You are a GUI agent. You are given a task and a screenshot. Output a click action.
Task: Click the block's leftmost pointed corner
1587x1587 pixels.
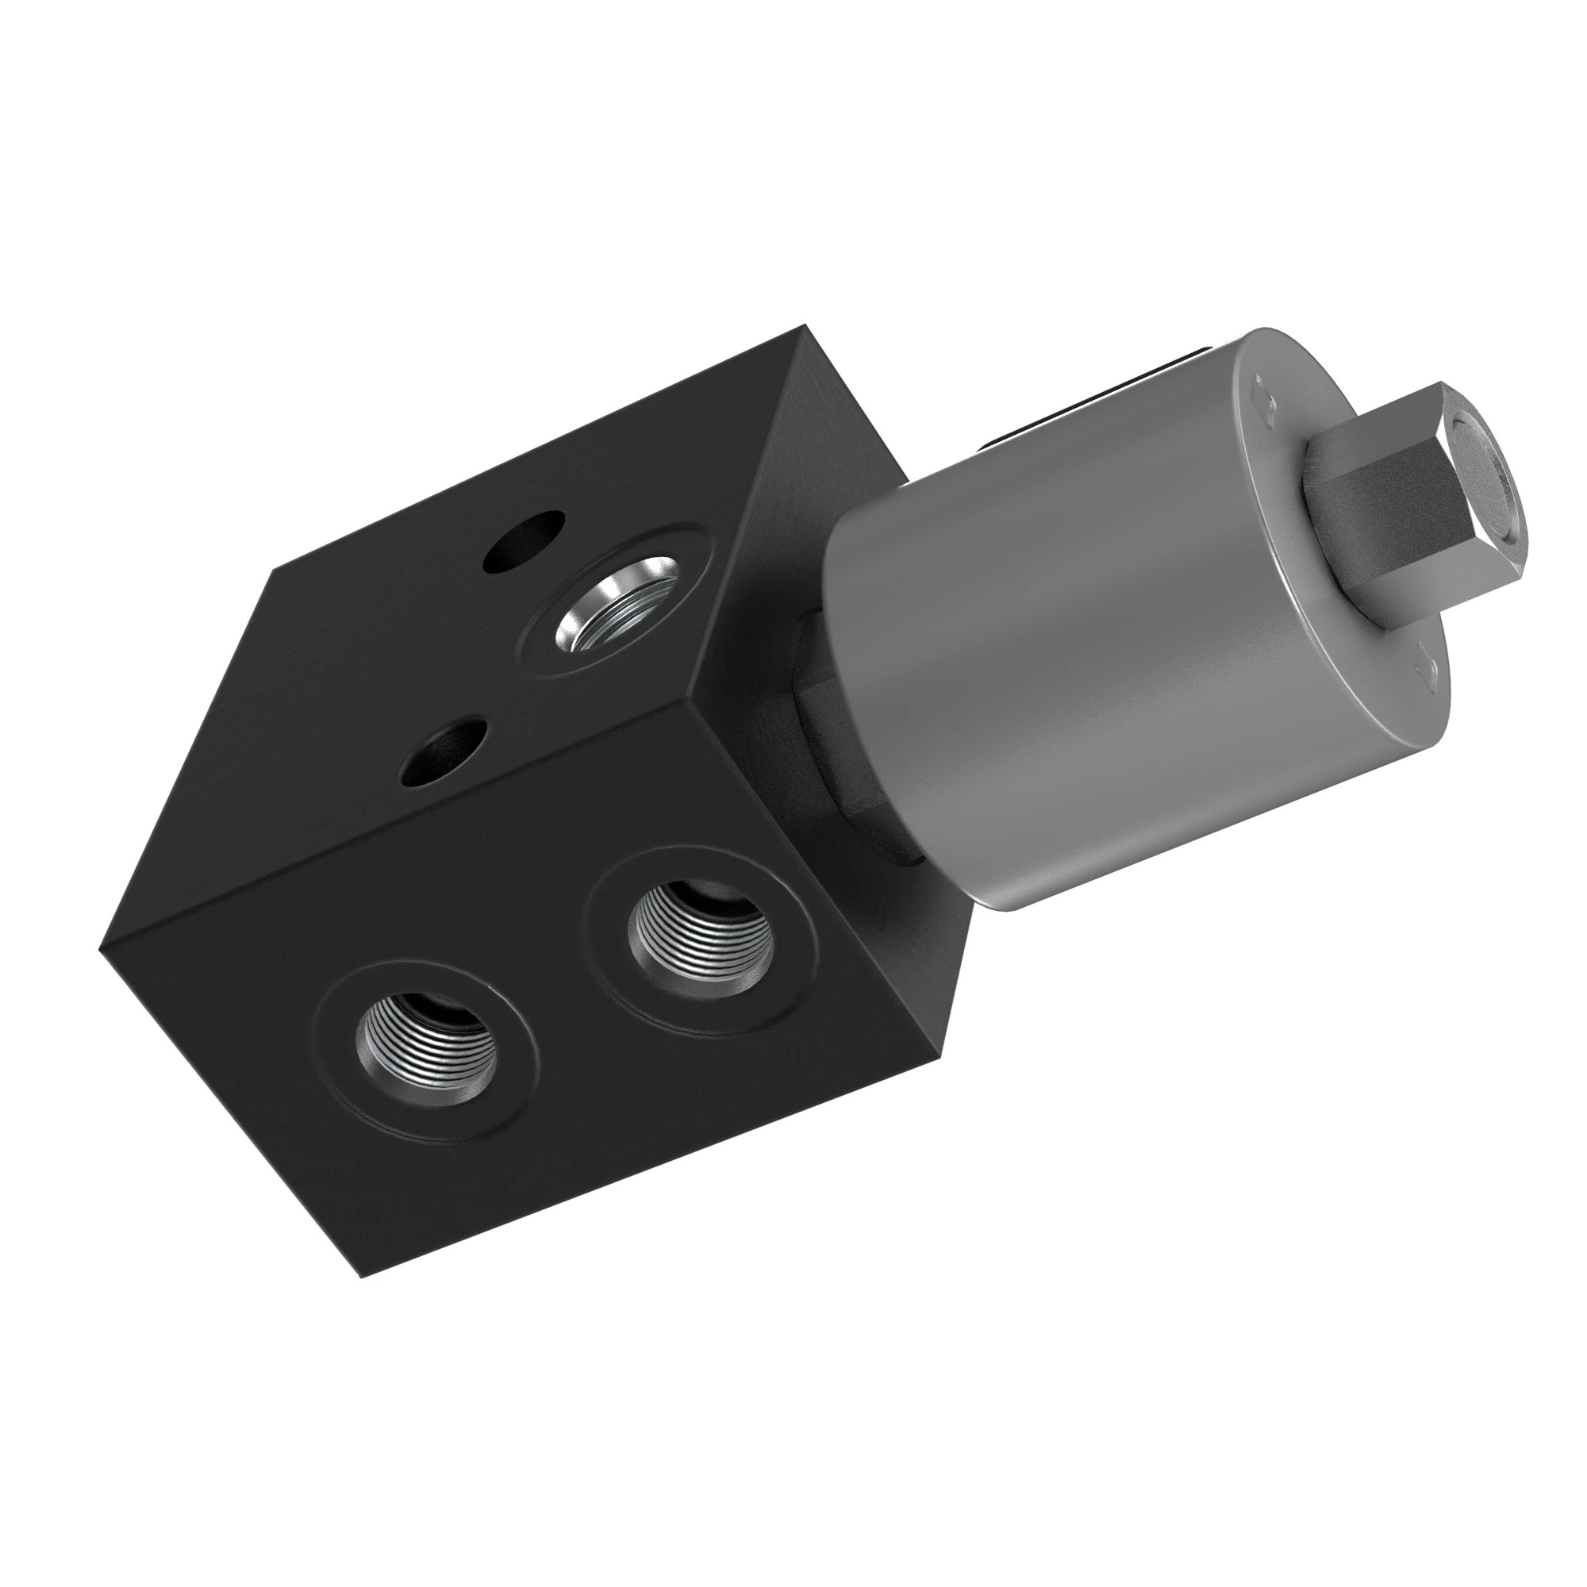(x=100, y=950)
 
